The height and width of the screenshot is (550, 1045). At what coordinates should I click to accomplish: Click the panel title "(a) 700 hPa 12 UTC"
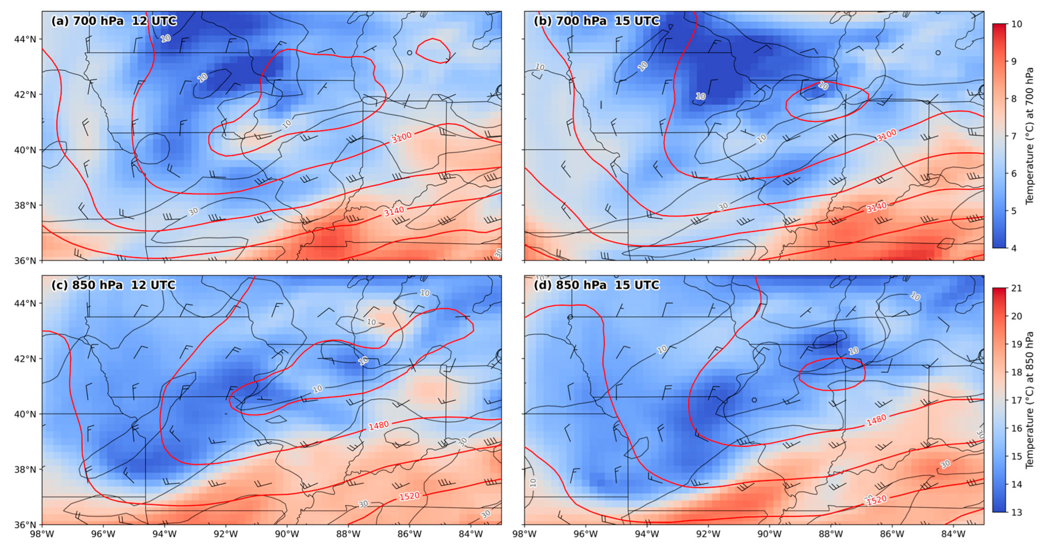point(114,21)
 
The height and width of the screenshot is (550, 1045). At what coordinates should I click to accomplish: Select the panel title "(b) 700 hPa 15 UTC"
point(596,21)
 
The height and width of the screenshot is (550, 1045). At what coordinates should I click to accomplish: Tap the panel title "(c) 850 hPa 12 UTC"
point(114,285)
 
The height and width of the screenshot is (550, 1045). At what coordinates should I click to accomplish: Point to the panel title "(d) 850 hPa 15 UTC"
point(596,285)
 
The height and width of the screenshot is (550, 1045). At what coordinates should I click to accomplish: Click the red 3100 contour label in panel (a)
point(402,137)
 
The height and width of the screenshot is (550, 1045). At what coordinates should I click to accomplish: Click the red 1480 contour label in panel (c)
point(379,425)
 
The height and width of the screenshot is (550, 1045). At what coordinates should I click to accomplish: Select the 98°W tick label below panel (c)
point(42,534)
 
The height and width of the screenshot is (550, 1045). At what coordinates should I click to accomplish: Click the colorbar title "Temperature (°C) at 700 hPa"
point(1030,136)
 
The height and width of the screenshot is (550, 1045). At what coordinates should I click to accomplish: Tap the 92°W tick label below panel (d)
point(708,534)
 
